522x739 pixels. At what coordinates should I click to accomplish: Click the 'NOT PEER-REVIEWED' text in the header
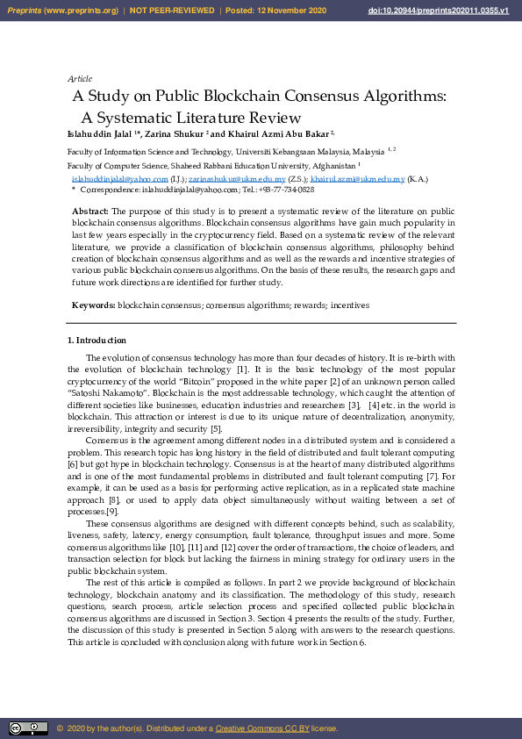(x=175, y=11)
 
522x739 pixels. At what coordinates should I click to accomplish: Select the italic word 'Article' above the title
(x=80, y=79)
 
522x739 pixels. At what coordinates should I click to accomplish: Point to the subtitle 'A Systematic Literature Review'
(x=191, y=118)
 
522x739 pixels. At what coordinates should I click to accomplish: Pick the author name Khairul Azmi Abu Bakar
(x=275, y=134)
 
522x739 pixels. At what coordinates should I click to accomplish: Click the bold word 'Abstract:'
(x=90, y=212)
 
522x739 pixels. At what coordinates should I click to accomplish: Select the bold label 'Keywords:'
(x=94, y=305)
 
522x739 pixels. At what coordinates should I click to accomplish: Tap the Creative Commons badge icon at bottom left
(x=28, y=728)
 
